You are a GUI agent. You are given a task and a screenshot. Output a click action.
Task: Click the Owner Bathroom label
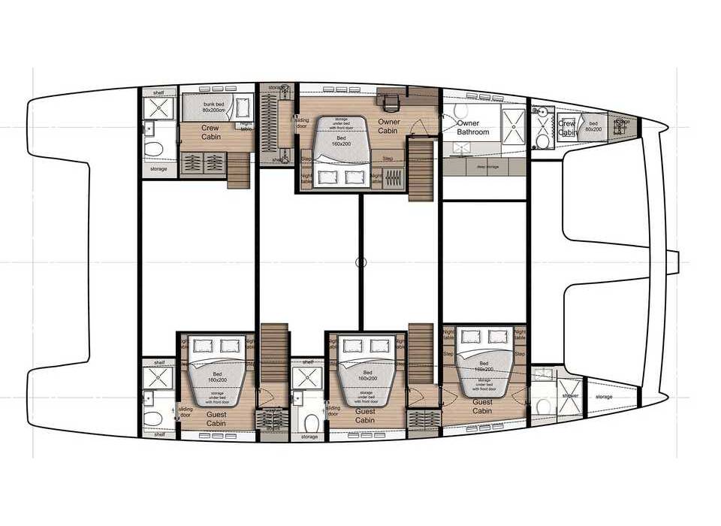[x=473, y=128]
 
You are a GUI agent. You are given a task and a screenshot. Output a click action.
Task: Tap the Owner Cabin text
[x=388, y=126]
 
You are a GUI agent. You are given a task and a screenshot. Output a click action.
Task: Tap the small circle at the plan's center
[x=360, y=262]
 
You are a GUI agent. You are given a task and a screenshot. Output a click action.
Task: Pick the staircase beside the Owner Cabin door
[x=421, y=172]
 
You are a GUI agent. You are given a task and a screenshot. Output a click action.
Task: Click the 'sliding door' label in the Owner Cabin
[x=301, y=122]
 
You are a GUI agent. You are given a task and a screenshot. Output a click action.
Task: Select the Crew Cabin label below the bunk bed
[x=210, y=132]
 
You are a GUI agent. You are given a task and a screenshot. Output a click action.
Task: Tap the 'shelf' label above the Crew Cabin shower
[x=158, y=93]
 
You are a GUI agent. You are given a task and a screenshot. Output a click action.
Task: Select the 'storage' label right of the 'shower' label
[x=603, y=397]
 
